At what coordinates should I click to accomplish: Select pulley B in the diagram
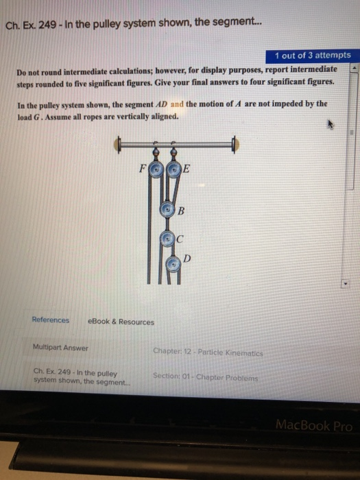click(167, 209)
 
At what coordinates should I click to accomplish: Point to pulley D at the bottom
click(173, 263)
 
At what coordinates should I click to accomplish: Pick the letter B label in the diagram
click(182, 211)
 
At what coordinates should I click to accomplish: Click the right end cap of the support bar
click(235, 145)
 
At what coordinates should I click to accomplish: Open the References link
click(50, 320)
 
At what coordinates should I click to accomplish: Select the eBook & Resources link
click(121, 321)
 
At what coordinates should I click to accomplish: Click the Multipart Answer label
click(60, 347)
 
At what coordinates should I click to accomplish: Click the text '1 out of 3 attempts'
click(312, 55)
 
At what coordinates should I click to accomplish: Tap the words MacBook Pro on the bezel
click(314, 425)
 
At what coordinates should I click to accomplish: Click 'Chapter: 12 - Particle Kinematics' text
click(208, 353)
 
